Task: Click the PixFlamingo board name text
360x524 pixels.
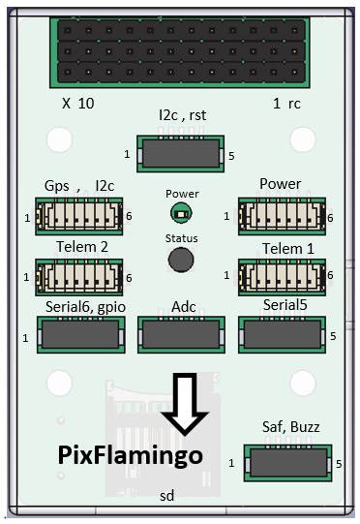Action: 131,456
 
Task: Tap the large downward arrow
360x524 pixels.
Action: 184,404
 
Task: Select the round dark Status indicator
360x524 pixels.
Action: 181,260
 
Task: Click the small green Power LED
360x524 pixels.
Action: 181,213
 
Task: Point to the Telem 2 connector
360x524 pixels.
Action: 79,277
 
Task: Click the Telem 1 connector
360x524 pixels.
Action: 282,277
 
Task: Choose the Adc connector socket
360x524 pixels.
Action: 181,335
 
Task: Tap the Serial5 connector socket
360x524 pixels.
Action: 282,335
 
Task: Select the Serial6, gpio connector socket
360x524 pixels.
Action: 81,335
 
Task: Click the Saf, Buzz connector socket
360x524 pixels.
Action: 287,463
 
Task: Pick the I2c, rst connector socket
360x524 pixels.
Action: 180,154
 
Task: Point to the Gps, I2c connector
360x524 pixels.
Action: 79,216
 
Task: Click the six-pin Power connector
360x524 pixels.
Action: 282,216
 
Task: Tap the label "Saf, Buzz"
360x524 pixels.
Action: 291,427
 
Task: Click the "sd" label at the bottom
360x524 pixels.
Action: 167,496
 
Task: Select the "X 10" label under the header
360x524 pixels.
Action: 78,104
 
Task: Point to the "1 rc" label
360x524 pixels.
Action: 286,104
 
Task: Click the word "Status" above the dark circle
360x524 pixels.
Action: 181,238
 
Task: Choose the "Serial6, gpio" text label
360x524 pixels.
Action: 85,307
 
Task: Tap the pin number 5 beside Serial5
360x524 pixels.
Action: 333,336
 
